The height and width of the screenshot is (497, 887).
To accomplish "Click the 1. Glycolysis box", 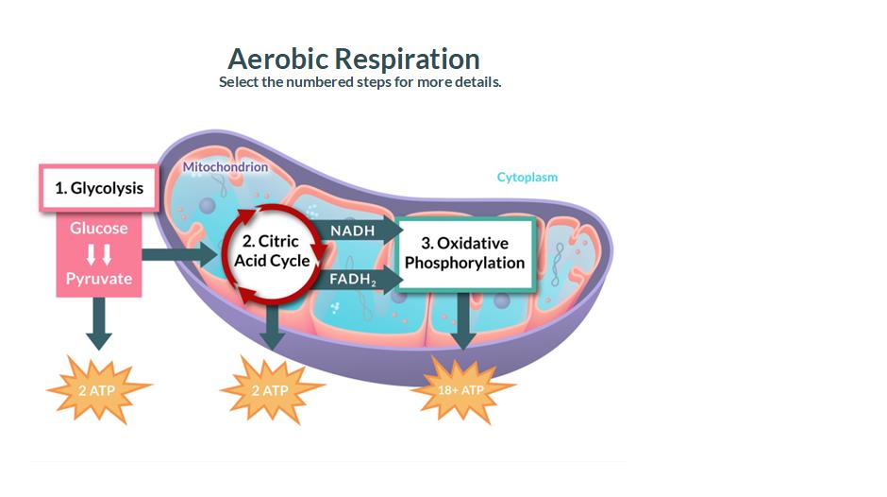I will click(98, 187).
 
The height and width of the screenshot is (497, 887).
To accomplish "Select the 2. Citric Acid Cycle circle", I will click(272, 251).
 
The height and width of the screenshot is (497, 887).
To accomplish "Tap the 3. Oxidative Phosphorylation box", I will click(464, 252).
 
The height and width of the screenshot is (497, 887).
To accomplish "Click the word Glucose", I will click(98, 228).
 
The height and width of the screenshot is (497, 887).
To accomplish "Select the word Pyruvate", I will click(98, 279).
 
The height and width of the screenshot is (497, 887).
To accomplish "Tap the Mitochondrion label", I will click(226, 167).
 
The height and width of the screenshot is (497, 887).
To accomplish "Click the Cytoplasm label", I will click(527, 177).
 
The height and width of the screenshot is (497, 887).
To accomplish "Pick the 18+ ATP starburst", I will click(462, 389).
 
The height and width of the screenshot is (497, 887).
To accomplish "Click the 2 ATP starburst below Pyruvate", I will click(98, 389).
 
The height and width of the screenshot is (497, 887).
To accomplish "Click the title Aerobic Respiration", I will click(354, 59).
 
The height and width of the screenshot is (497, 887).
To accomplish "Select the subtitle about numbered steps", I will click(360, 82).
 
